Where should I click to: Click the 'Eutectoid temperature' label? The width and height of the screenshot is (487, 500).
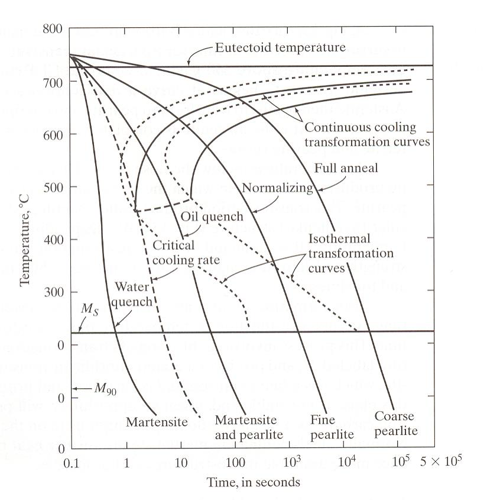click(280, 47)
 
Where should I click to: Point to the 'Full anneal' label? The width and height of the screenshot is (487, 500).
click(346, 167)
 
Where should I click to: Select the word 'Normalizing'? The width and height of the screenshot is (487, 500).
click(277, 188)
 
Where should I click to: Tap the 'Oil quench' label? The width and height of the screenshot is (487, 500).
click(212, 217)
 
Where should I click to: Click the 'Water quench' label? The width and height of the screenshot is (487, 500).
click(132, 294)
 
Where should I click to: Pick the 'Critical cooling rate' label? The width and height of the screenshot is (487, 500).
click(186, 253)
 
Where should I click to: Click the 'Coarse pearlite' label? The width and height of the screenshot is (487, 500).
click(396, 423)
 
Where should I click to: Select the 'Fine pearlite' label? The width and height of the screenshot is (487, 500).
click(332, 427)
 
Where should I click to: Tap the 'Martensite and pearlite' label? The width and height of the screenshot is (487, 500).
click(249, 427)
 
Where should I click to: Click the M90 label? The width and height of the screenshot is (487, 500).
click(105, 389)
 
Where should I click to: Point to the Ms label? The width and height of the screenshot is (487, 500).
click(89, 309)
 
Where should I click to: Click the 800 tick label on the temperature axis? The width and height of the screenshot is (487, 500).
click(53, 29)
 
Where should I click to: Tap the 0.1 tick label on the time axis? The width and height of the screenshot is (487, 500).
click(72, 463)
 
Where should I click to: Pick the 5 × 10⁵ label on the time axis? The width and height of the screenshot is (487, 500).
click(441, 460)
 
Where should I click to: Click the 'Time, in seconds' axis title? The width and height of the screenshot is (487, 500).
click(254, 482)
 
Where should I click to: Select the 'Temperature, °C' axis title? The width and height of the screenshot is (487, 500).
click(24, 241)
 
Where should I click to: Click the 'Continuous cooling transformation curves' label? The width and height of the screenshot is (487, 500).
click(367, 134)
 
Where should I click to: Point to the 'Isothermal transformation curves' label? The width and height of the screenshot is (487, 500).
click(350, 253)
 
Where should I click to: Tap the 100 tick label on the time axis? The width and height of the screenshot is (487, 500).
click(235, 462)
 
